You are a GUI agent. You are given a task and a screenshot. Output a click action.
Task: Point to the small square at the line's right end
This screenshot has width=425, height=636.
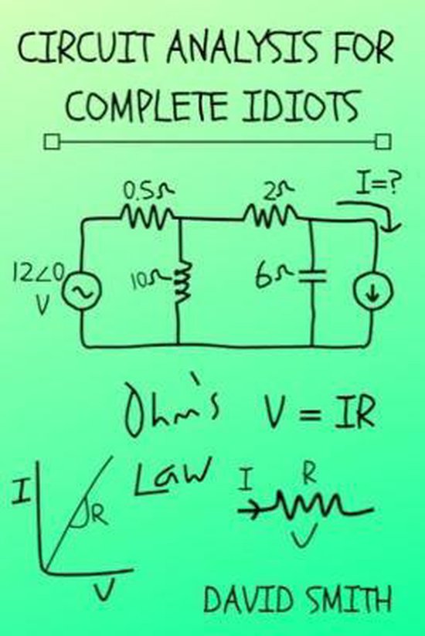pos(381,141)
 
